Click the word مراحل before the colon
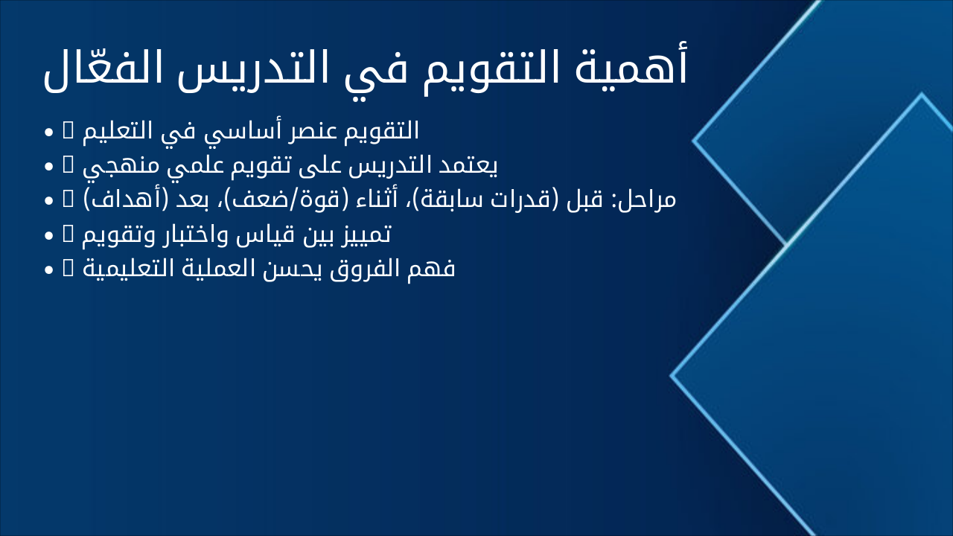tap(645, 200)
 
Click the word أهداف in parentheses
tap(115, 200)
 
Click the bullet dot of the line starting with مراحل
tap(48, 201)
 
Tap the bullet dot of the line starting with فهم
tap(48, 269)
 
